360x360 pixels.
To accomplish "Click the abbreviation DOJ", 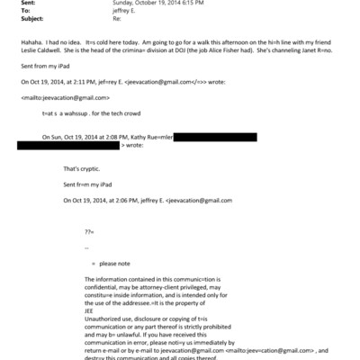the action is pyautogui.click(x=174, y=52).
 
